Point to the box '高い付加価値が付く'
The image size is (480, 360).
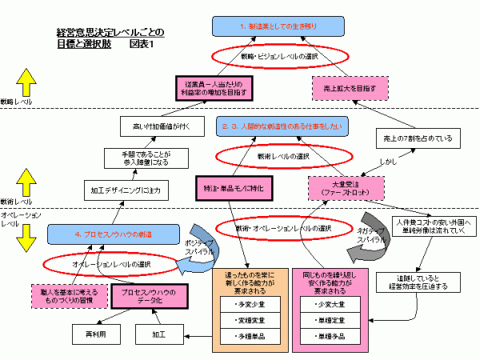point(155,125)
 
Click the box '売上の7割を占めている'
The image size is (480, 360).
point(416,138)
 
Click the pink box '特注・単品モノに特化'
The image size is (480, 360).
point(234,187)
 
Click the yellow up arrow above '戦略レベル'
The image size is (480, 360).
point(24,82)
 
